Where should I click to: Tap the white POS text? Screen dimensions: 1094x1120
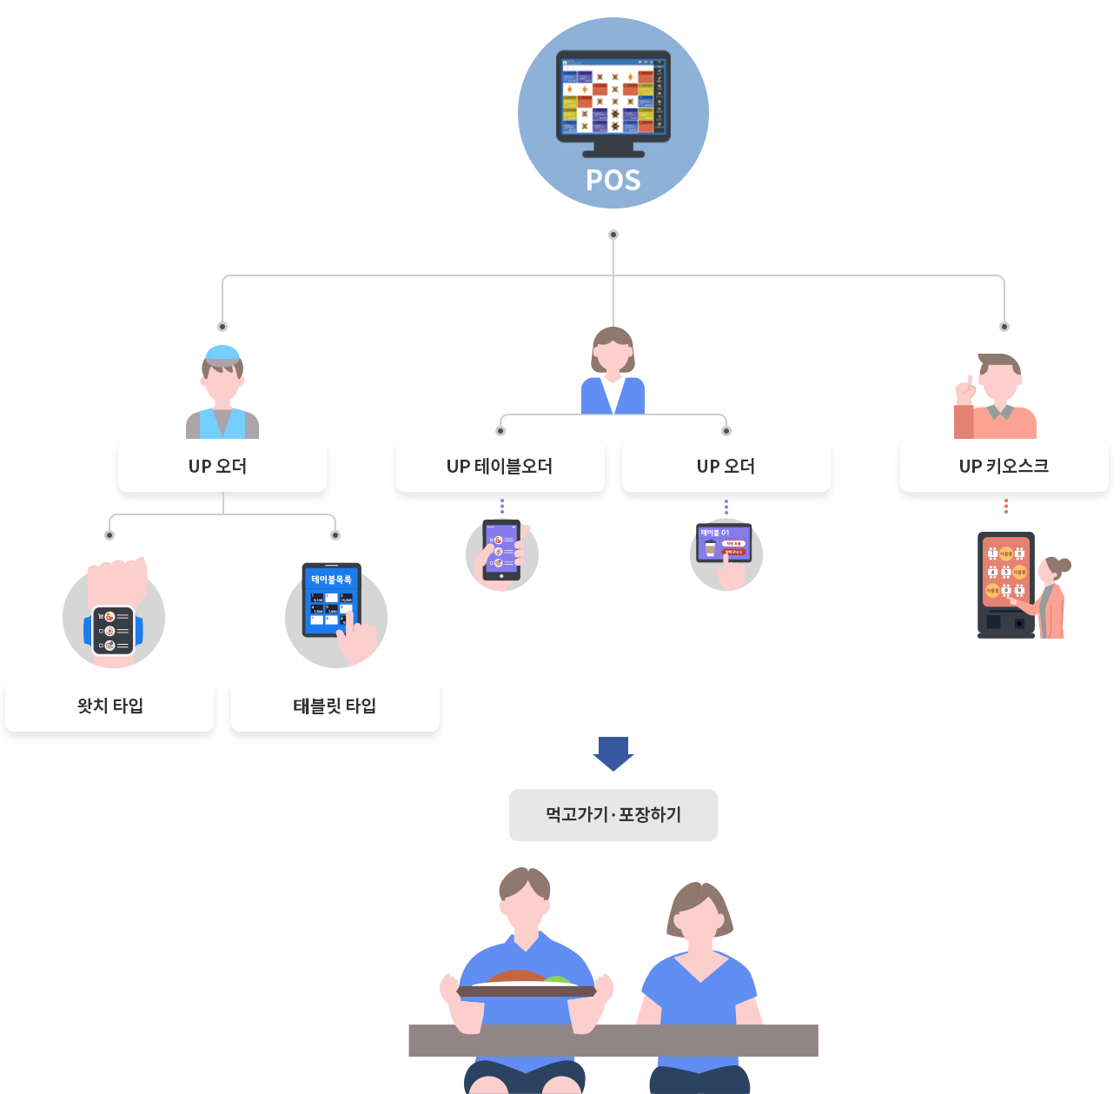(x=613, y=180)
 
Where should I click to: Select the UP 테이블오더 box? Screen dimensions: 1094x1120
(x=500, y=467)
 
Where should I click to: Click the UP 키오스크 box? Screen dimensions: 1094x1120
(x=1004, y=467)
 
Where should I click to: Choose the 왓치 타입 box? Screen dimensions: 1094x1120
(x=109, y=706)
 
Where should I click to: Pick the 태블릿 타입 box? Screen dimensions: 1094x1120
(x=335, y=706)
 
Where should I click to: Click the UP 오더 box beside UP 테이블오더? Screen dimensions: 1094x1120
(x=726, y=467)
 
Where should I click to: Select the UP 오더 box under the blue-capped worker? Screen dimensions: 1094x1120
(x=222, y=467)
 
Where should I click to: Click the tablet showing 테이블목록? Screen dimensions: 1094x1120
(x=330, y=600)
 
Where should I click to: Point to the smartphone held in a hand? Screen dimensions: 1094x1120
(x=501, y=551)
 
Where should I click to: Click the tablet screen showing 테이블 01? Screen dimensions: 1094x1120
(x=723, y=543)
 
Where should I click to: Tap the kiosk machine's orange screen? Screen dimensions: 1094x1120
(x=1005, y=572)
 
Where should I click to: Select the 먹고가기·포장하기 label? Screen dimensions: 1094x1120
(x=613, y=815)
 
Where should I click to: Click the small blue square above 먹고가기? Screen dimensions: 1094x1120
(x=613, y=754)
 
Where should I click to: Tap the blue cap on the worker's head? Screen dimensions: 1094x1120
(x=222, y=353)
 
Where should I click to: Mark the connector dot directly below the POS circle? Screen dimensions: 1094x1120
(x=613, y=235)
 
